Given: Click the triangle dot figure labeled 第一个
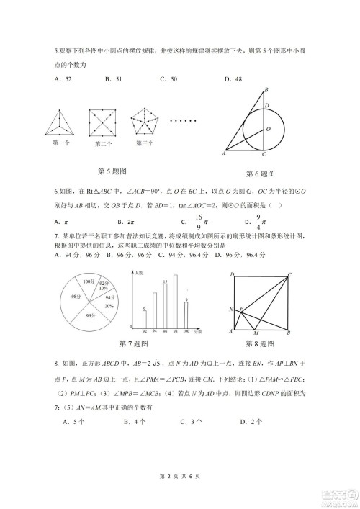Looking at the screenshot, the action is tap(62, 122).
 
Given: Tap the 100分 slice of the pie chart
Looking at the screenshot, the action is tap(89, 281).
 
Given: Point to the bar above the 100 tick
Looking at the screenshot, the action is tap(186, 314).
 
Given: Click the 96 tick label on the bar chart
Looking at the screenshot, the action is tap(166, 332).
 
